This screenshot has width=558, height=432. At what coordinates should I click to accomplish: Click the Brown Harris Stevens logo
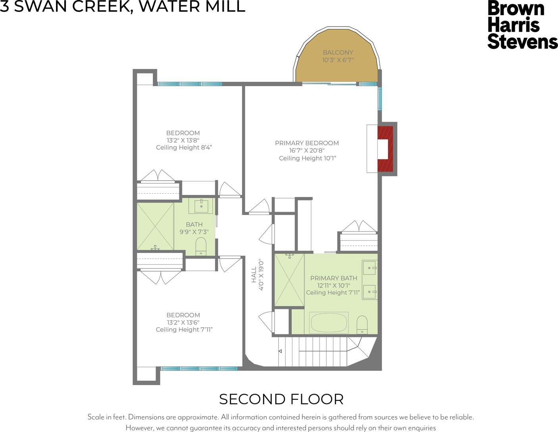(x=522, y=25)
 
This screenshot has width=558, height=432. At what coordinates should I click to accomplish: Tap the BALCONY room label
(x=338, y=52)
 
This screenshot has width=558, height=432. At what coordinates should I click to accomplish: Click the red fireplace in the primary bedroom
(x=385, y=149)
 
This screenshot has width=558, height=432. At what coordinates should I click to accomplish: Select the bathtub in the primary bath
(x=329, y=323)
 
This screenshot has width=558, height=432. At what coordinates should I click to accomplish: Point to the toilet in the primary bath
(x=362, y=325)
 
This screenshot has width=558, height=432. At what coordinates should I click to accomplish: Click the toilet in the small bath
(x=201, y=246)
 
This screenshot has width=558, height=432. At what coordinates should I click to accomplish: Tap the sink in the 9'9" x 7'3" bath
(x=201, y=206)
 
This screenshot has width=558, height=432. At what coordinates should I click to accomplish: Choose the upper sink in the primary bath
(x=370, y=268)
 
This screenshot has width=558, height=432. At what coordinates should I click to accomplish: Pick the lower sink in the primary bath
(x=370, y=292)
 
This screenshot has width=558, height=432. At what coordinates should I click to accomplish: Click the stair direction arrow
(x=280, y=351)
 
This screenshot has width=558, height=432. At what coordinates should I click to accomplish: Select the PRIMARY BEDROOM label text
(x=307, y=143)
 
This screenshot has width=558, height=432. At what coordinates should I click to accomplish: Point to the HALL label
(x=254, y=275)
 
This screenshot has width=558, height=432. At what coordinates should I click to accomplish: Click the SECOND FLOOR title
(x=281, y=399)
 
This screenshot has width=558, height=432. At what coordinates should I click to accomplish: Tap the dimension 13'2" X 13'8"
(x=183, y=140)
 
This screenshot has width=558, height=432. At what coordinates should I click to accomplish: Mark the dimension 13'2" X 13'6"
(x=183, y=322)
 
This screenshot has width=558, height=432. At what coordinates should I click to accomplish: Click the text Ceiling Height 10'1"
(x=307, y=158)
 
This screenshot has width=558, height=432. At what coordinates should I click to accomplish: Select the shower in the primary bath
(x=289, y=280)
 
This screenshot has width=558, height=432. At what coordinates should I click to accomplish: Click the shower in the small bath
(x=155, y=226)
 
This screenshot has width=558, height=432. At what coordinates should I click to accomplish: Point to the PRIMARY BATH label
(x=333, y=278)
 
